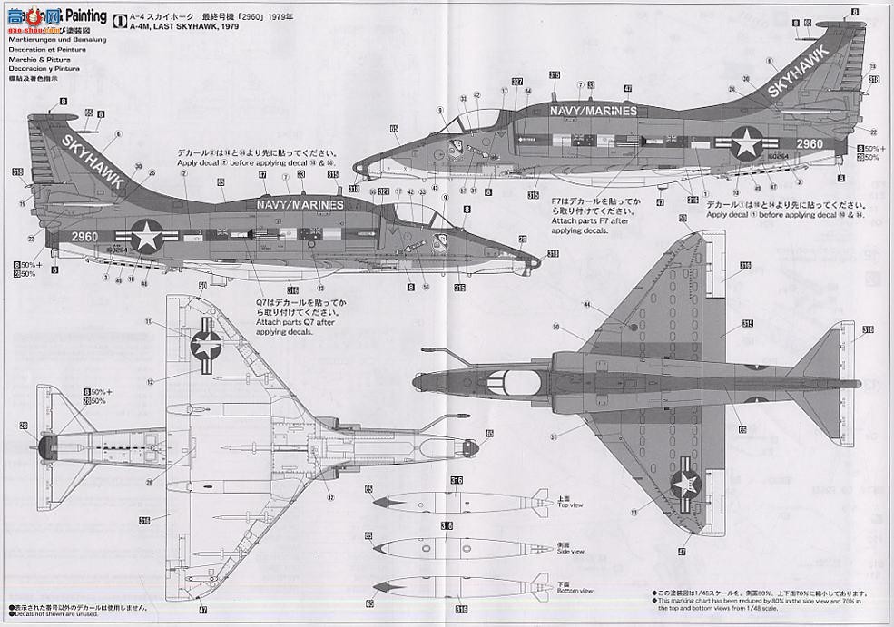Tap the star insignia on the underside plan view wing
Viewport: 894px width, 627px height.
tap(207, 346)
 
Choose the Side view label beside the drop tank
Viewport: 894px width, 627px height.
tap(571, 550)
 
